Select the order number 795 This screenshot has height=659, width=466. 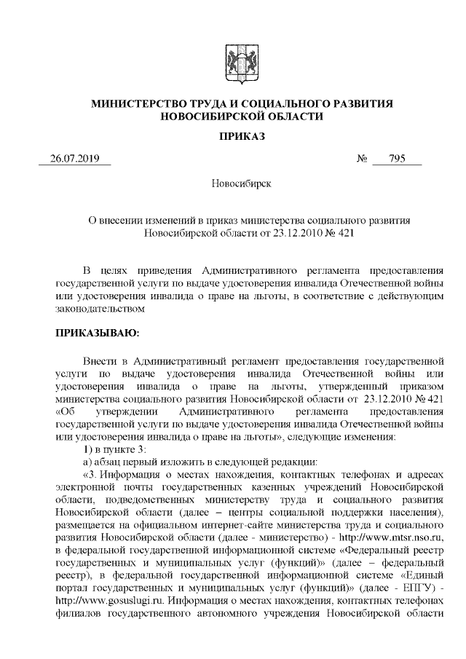(x=397, y=159)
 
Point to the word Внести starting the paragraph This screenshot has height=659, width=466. (x=100, y=360)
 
